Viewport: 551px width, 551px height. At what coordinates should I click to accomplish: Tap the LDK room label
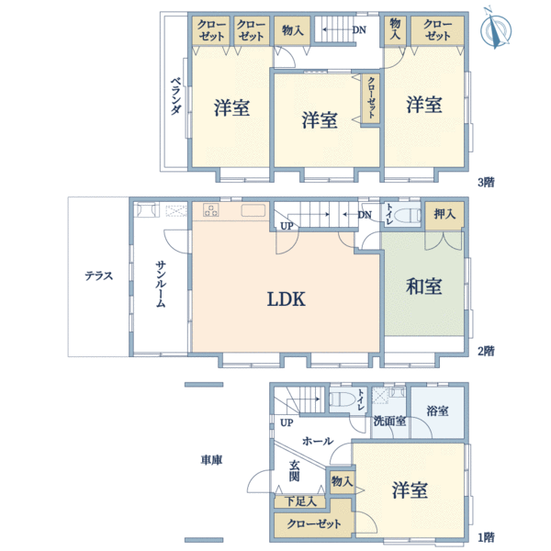(286, 298)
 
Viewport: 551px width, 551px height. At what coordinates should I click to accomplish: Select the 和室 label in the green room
(424, 287)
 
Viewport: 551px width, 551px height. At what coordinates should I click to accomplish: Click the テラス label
(98, 275)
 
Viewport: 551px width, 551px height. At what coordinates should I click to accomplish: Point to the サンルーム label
(161, 285)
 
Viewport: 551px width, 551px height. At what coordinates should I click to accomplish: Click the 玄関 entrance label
(294, 471)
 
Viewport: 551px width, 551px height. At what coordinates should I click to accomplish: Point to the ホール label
(318, 441)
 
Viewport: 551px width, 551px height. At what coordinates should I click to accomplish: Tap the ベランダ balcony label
(174, 96)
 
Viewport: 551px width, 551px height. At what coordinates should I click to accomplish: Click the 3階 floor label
(486, 181)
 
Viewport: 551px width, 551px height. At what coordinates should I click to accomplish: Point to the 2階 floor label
(486, 350)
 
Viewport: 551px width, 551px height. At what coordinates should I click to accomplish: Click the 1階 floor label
(486, 536)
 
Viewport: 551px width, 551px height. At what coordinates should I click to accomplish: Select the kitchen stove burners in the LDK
(210, 210)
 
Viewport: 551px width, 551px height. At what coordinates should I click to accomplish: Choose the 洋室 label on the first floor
(409, 490)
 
